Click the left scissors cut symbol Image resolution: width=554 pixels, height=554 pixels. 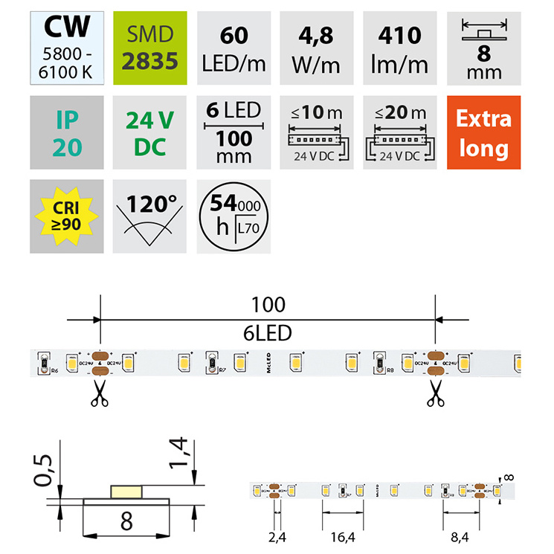click(x=98, y=394)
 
